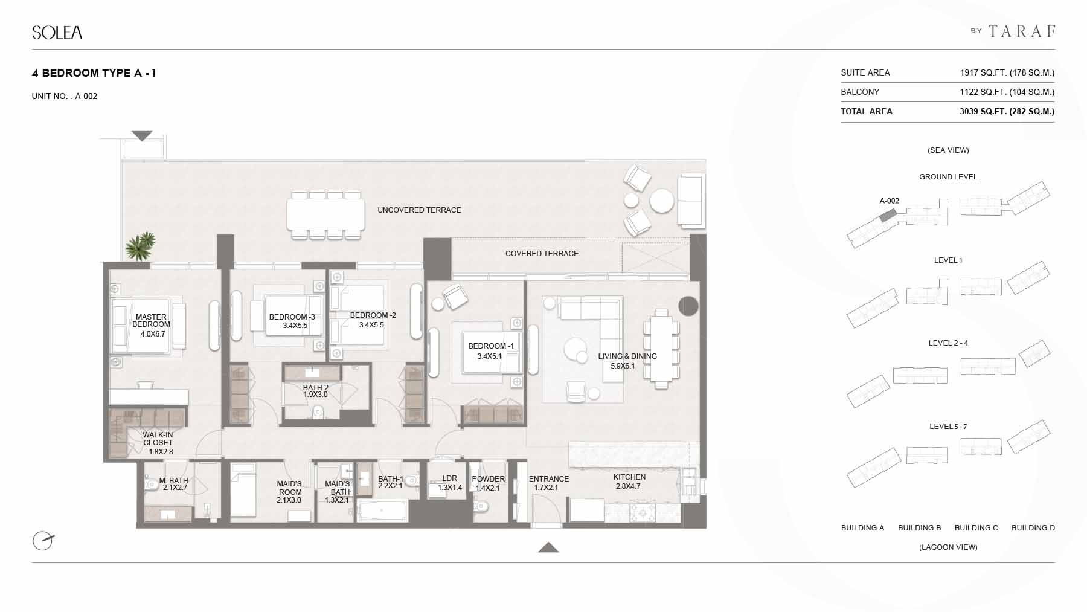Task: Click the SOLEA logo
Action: coord(57,33)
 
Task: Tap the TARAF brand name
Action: coord(1022,31)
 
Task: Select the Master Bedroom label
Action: coord(152,321)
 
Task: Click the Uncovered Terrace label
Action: coord(419,210)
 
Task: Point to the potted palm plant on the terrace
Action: coord(141,246)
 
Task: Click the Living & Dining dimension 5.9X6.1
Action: coord(623,366)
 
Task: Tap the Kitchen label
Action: coord(629,477)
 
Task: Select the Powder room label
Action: coord(488,479)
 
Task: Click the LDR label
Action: coord(450,478)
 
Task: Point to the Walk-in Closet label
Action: coord(158,439)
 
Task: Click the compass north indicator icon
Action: coord(43,540)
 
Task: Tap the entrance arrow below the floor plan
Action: coord(548,547)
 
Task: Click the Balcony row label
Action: coord(860,92)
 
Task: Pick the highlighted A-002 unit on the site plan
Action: coord(887,215)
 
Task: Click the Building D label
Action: coord(1033,528)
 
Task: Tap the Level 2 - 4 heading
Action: coord(948,343)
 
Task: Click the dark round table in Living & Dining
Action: coord(688,306)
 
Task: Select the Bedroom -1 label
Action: coord(491,346)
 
